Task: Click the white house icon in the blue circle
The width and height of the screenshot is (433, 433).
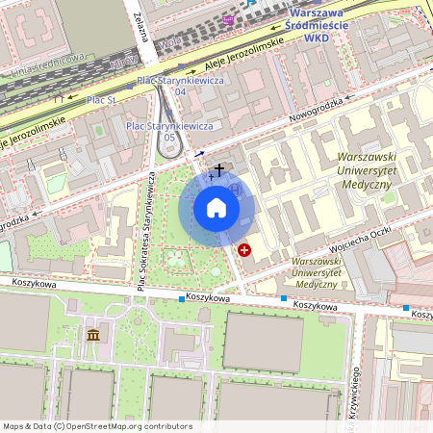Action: click(x=216, y=208)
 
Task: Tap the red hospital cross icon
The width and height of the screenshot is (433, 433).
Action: click(x=244, y=250)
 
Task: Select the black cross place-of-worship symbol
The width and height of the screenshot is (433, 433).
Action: click(x=219, y=169)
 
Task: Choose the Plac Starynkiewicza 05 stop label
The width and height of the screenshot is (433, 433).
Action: click(x=156, y=130)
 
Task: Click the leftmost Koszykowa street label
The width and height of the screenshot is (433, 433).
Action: click(x=36, y=282)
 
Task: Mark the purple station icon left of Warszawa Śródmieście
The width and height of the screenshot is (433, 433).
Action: click(x=228, y=18)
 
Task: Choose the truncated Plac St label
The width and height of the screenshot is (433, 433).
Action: click(x=98, y=99)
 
